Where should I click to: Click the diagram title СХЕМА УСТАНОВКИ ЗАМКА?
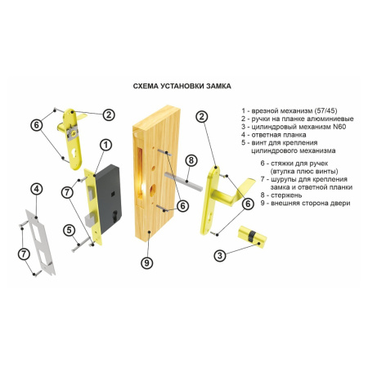coord(182,86)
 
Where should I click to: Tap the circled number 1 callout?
coord(105,145)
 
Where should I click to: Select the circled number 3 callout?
coord(220,256)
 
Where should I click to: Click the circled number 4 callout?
coord(37,189)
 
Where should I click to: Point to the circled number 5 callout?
coord(69,231)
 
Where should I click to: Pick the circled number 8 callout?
coord(191,160)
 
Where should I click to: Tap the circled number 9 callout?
coord(147,263)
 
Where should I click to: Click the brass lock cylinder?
coord(252,237)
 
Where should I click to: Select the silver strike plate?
coord(40,242)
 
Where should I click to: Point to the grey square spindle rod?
coord(183,182)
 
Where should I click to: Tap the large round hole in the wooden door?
coord(151,190)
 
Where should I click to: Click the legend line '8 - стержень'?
coord(281,195)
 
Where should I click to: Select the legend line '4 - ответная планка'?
coord(274,135)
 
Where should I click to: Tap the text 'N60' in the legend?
coord(339,127)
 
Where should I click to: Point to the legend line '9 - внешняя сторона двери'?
coord(305,203)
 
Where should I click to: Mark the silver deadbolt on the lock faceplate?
coord(90,220)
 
